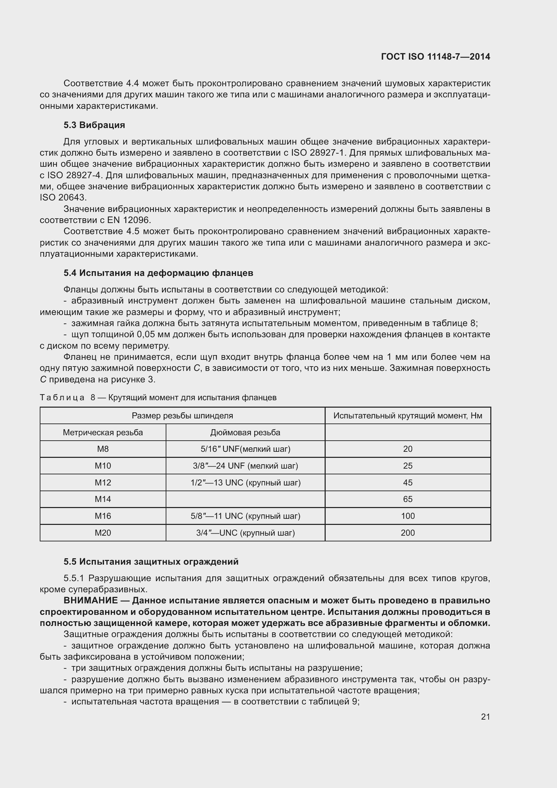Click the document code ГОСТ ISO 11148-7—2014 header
point(435,57)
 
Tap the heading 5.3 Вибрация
point(94,125)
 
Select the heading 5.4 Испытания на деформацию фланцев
point(158,273)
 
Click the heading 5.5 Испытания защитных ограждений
point(151,562)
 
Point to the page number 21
point(485,717)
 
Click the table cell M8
point(103,449)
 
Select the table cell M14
point(103,499)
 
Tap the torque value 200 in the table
point(407,533)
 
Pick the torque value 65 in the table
point(407,499)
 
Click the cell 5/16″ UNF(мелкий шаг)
point(245,449)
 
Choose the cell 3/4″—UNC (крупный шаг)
point(245,533)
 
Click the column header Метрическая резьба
point(103,433)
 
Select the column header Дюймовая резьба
point(245,433)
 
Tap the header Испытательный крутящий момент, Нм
point(407,416)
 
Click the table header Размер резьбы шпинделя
point(182,416)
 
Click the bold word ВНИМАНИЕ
point(91,600)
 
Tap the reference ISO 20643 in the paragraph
point(63,198)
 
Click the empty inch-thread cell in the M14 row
point(245,499)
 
